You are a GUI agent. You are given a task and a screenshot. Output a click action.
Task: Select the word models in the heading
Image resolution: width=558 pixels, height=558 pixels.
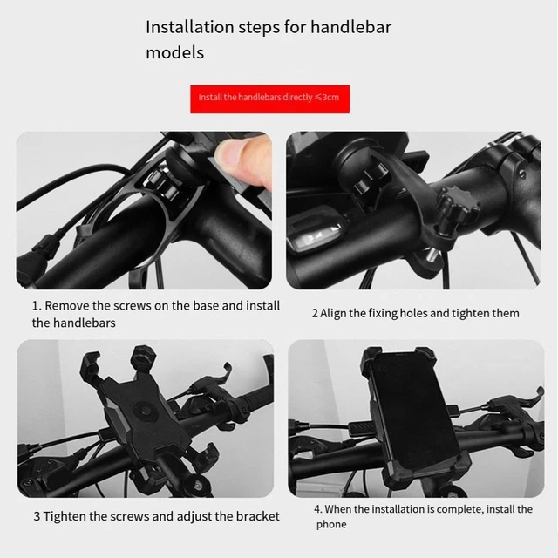(174, 52)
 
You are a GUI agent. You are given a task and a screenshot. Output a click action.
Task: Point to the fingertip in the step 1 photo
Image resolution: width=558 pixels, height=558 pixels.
(234, 157)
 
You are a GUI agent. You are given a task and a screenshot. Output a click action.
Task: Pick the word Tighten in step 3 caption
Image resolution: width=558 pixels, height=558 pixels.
(72, 516)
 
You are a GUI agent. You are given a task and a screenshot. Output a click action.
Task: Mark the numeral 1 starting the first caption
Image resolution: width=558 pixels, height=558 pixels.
(36, 306)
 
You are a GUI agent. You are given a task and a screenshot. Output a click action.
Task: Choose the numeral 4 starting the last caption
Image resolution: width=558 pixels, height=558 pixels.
(318, 509)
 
